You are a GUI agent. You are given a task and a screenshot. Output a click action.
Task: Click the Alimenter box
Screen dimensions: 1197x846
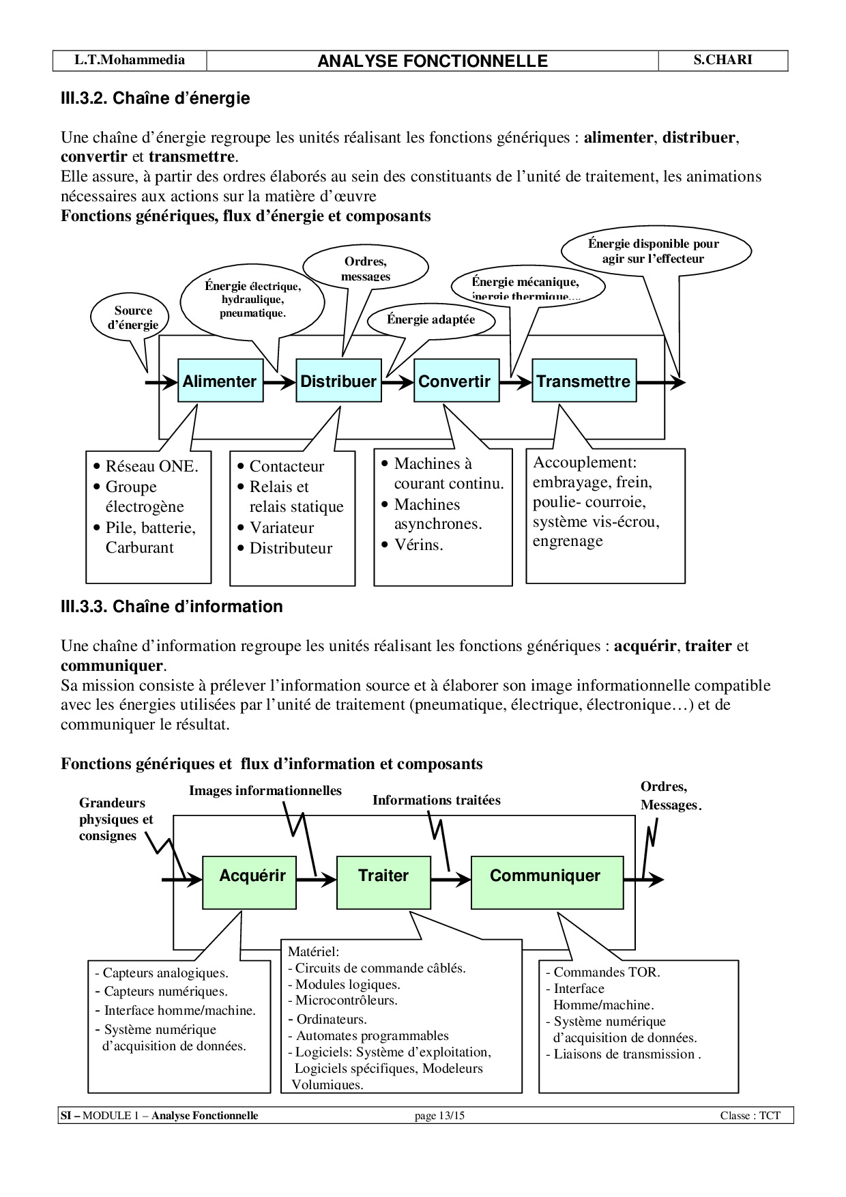pyautogui.click(x=220, y=381)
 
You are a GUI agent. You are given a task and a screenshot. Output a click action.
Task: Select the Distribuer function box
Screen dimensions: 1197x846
pyautogui.click(x=338, y=381)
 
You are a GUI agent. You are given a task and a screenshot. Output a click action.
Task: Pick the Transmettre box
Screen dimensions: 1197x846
pyautogui.click(x=583, y=381)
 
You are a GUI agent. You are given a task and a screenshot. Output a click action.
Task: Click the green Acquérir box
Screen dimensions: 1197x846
pyautogui.click(x=249, y=882)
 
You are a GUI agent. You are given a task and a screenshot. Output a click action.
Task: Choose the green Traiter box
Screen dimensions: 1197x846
pyautogui.click(x=383, y=882)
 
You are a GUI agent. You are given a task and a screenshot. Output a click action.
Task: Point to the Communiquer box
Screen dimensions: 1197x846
pyautogui.click(x=546, y=882)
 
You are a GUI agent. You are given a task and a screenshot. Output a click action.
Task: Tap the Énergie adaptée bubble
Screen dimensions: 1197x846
pyautogui.click(x=431, y=320)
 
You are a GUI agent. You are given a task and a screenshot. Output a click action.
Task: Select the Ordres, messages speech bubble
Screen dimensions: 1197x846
pyautogui.click(x=365, y=267)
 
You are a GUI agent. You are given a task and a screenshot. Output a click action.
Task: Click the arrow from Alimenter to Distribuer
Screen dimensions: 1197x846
pyautogui.click(x=280, y=382)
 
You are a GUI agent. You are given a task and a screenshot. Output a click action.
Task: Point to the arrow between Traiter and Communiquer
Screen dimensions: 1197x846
pyautogui.click(x=450, y=880)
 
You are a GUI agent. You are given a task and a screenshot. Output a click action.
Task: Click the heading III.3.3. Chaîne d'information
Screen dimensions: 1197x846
pyautogui.click(x=171, y=606)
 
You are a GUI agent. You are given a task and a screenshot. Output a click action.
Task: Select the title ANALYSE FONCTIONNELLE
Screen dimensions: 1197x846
pyautogui.click(x=433, y=61)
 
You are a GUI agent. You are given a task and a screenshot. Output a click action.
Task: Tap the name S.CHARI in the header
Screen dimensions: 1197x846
pyautogui.click(x=723, y=60)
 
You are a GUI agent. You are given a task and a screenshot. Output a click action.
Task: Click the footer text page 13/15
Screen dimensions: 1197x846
pyautogui.click(x=439, y=1116)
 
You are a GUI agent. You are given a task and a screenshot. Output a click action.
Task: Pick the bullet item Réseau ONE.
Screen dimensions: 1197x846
pyautogui.click(x=151, y=466)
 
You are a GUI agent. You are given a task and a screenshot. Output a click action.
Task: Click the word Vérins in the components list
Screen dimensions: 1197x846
pyautogui.click(x=418, y=545)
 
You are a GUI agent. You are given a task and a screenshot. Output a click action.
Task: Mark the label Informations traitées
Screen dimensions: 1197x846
pyautogui.click(x=436, y=800)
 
